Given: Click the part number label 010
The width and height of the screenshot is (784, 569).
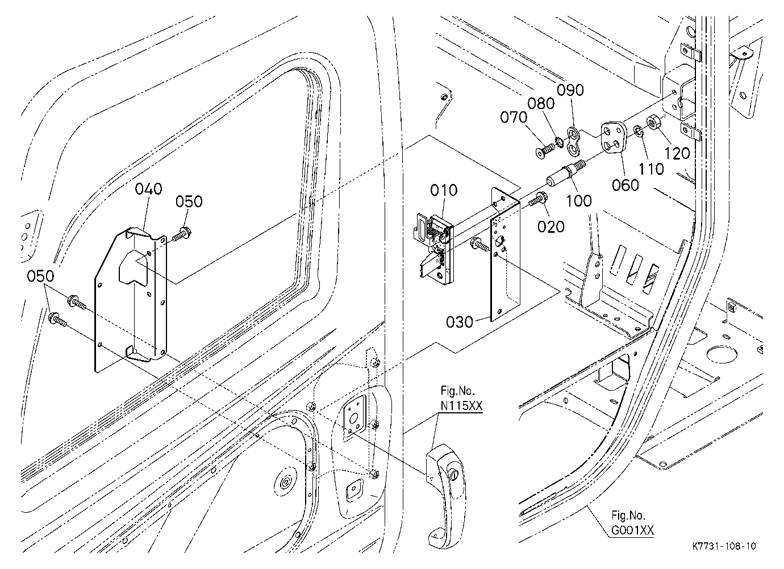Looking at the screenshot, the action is click(444, 190).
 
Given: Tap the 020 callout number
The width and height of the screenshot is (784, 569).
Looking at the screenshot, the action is click(551, 227).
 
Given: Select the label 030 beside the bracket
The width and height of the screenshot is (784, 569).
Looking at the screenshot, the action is click(460, 321).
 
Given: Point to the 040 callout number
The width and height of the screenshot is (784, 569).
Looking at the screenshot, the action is click(148, 189).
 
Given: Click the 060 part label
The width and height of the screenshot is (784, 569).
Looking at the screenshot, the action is click(625, 185).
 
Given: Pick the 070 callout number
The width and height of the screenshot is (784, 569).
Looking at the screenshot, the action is click(514, 118).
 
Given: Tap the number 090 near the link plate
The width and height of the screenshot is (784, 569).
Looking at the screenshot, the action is click(570, 90).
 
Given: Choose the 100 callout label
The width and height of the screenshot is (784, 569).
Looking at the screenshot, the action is click(579, 201).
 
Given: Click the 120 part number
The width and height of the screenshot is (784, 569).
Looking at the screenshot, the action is click(677, 153).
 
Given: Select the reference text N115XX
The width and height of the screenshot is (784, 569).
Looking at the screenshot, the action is click(461, 406).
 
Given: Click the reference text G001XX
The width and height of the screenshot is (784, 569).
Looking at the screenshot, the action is click(632, 531).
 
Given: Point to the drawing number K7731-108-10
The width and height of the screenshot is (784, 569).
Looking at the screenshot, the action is click(724, 546).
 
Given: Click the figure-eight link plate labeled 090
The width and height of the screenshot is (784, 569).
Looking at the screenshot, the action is click(573, 141).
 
